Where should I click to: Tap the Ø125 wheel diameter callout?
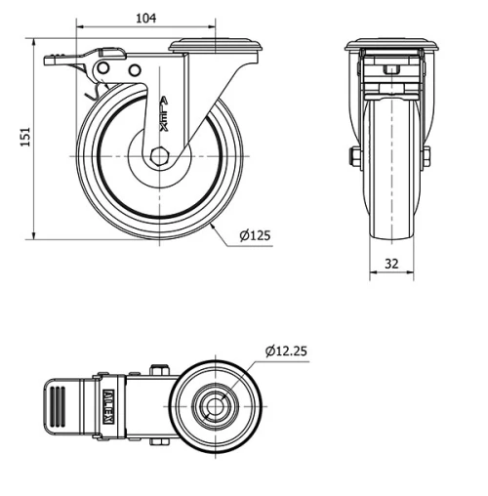tap(255, 234)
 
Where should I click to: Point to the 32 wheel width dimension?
tap(390, 264)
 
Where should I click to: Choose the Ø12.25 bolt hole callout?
tap(286, 351)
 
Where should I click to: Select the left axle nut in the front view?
tap(354, 156)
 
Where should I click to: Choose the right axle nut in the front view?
tap(427, 156)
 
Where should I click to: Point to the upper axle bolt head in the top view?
tap(160, 370)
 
